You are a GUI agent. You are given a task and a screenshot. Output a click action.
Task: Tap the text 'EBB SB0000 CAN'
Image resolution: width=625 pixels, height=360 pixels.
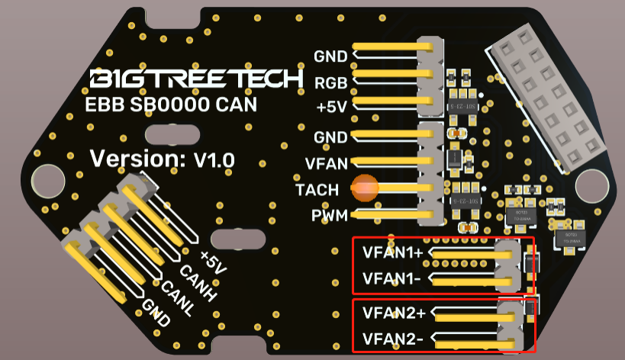click(x=168, y=104)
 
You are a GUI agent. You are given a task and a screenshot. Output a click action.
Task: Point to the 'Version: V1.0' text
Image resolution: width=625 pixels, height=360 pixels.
click(x=162, y=159)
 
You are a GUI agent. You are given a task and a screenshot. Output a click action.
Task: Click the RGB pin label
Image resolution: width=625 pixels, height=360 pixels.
click(x=330, y=82)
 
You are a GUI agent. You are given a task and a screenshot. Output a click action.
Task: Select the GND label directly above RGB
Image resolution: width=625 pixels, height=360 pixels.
click(x=330, y=56)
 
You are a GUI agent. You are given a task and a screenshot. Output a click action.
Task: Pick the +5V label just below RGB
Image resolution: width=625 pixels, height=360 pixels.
click(x=331, y=107)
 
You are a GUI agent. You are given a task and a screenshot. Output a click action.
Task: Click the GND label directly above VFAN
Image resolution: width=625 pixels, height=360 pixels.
click(x=330, y=137)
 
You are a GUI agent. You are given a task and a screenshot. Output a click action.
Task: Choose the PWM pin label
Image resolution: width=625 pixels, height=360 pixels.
click(x=329, y=216)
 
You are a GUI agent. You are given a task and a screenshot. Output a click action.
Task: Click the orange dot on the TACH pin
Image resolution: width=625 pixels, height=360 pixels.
click(x=366, y=187)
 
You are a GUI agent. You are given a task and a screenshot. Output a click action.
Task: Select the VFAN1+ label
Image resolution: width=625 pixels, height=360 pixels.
click(x=393, y=252)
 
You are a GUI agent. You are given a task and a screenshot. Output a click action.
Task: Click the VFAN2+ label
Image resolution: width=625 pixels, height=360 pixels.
click(x=393, y=312)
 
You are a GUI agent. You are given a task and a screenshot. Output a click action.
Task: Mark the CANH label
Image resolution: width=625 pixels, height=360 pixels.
click(x=194, y=279)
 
